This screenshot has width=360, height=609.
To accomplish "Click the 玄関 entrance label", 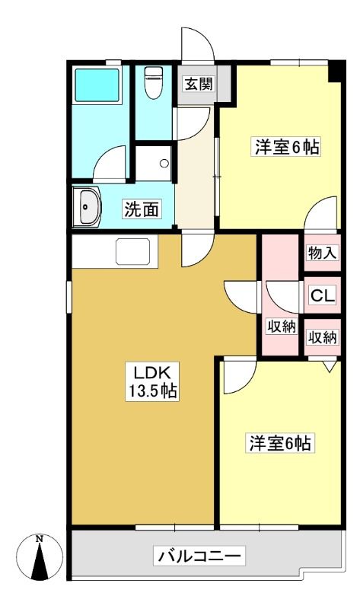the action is pyautogui.click(x=199, y=84).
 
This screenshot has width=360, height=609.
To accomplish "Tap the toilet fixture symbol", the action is pyautogui.click(x=154, y=82).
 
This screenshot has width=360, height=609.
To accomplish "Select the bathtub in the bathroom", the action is pyautogui.click(x=97, y=85).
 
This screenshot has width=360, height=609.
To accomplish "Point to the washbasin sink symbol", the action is pyautogui.click(x=87, y=206).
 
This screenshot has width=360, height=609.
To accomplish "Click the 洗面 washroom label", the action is pyautogui.click(x=142, y=209).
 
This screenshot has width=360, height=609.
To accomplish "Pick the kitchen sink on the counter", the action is pyautogui.click(x=133, y=252).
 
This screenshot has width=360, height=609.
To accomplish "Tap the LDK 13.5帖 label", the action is pyautogui.click(x=152, y=381).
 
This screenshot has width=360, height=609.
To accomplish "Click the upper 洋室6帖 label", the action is pyautogui.click(x=288, y=147).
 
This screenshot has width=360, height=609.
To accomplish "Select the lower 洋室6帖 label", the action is pyautogui.click(x=280, y=443).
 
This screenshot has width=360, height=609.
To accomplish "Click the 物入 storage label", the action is pyautogui.click(x=322, y=253).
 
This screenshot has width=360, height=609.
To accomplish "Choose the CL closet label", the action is pyautogui.click(x=323, y=296).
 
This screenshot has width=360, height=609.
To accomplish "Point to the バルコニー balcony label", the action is pyautogui.click(x=199, y=556).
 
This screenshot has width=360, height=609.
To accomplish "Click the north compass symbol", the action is pyautogui.click(x=40, y=557).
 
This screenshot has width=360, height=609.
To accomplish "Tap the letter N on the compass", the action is pyautogui.click(x=40, y=539).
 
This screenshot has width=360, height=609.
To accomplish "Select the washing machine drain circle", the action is pyautogui.click(x=164, y=163).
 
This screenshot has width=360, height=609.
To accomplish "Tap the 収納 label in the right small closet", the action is pyautogui.click(x=323, y=337).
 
